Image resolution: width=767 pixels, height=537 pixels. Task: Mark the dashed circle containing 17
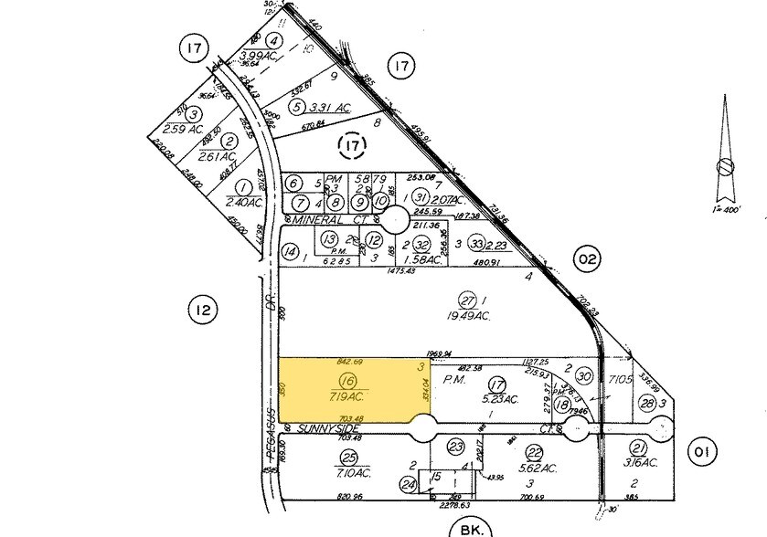(352, 144)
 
